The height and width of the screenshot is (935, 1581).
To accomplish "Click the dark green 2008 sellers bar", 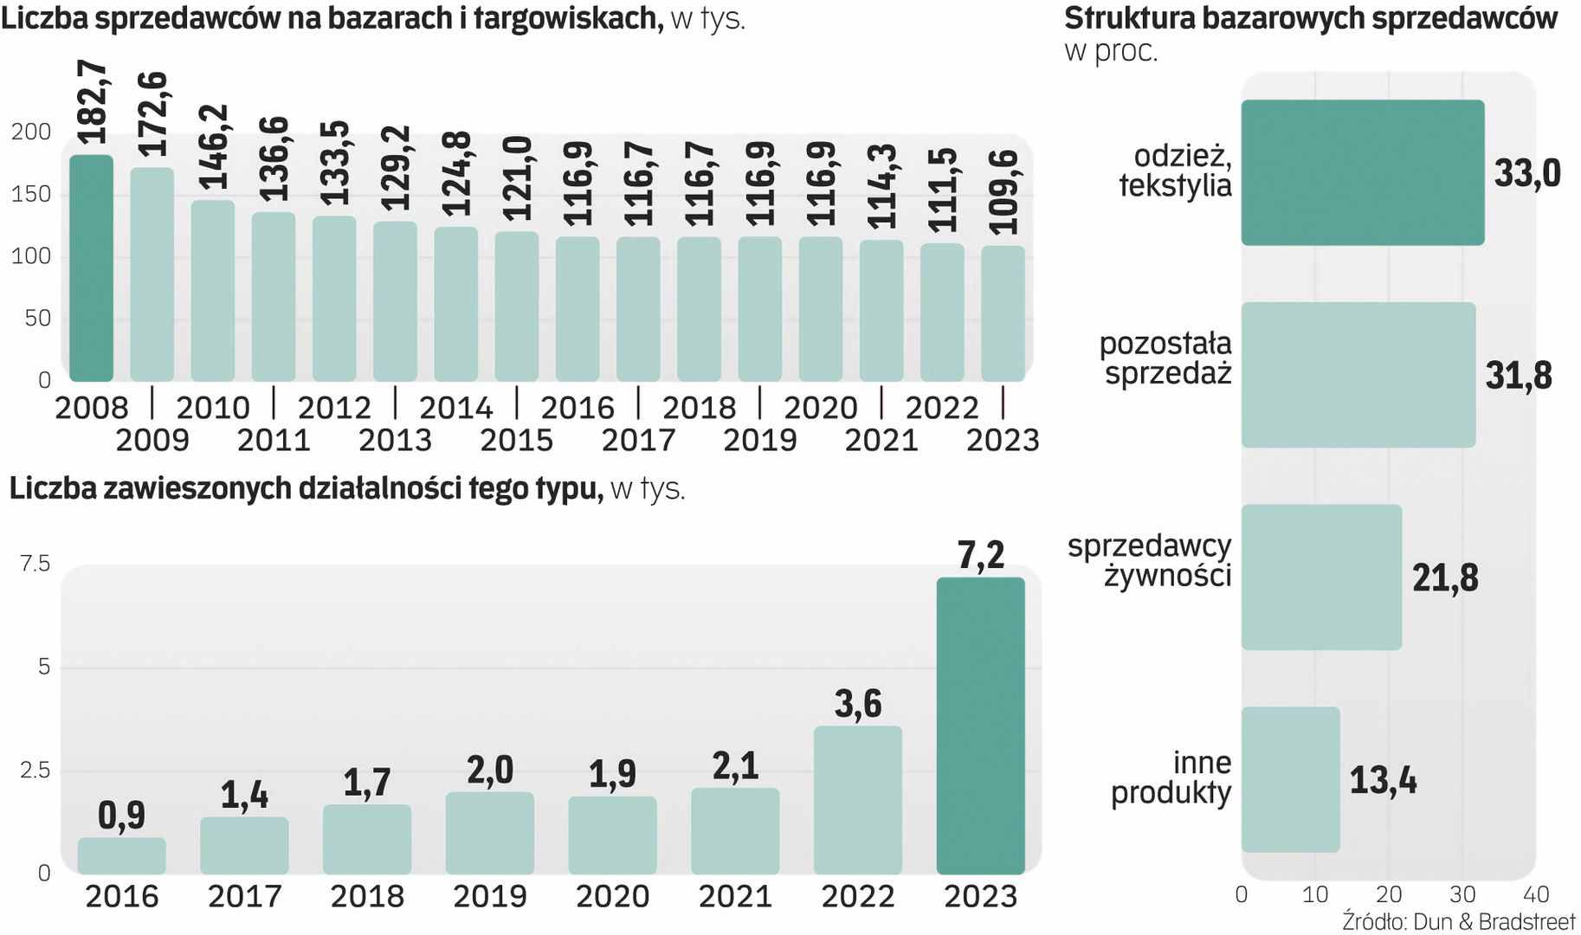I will coord(91,268).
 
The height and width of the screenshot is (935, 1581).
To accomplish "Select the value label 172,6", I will coord(153,115).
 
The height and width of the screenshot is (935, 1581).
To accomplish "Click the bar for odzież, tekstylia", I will coord(1362,172).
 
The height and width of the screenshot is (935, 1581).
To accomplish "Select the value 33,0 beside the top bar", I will coord(1527,173).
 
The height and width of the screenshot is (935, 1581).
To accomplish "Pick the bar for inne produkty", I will coord(1290,779).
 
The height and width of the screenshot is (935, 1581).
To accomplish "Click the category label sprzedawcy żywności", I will coord(1149,561).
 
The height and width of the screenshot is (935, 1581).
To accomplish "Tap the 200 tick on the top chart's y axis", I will coord(31,132).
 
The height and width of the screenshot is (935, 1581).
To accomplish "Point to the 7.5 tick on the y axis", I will coord(35,564).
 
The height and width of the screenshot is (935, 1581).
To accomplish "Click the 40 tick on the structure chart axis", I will coord(1536,894).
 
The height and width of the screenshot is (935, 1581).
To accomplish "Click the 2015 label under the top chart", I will coord(516,441).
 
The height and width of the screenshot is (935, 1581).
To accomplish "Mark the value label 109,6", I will coord(1003,192).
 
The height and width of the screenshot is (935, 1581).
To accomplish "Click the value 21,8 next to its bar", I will coord(1445,578).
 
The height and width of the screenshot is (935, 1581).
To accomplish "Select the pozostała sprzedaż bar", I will coord(1358,375).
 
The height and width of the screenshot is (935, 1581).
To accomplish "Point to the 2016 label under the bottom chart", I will coord(121,897).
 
